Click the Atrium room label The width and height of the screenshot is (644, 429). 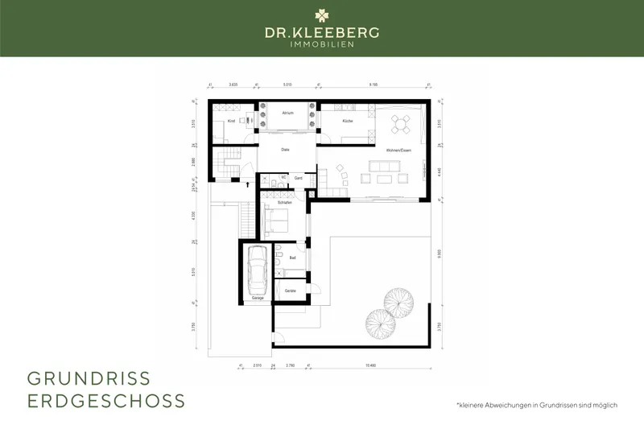(x=287, y=113)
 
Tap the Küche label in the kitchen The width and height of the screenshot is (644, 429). (x=347, y=120)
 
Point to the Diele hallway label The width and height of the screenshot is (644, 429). (x=285, y=150)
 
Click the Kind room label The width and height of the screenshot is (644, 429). (x=230, y=121)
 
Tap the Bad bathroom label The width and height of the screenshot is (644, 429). (x=293, y=258)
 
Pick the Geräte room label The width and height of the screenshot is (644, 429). (x=290, y=290)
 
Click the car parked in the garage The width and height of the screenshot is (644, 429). (x=258, y=270)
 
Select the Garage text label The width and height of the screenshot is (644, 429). (x=258, y=298)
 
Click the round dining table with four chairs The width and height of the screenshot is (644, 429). (x=400, y=123)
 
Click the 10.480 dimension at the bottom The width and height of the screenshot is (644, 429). (x=371, y=365)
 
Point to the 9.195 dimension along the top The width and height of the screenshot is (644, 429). (x=374, y=84)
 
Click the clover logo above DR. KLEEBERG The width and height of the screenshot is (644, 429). (x=322, y=15)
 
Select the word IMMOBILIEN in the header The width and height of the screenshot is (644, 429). (x=322, y=43)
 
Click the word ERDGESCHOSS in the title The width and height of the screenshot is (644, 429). (x=106, y=400)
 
